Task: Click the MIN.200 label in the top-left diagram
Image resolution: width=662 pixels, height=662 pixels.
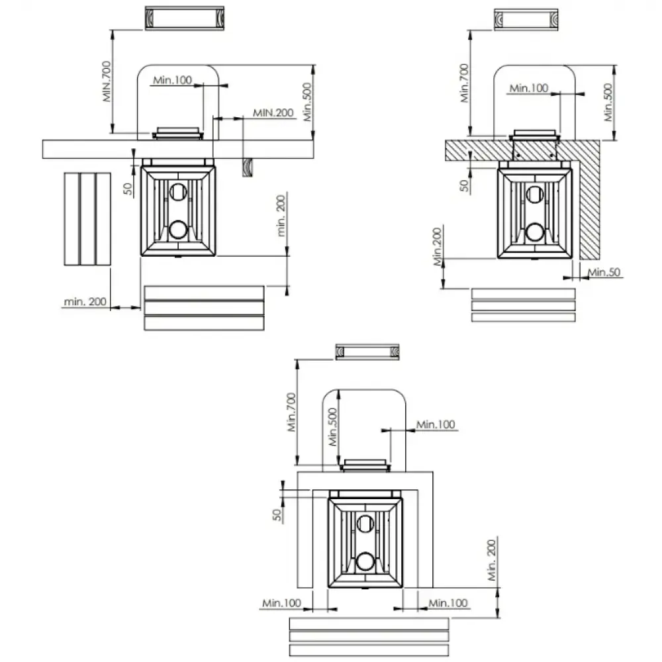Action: coord(273,113)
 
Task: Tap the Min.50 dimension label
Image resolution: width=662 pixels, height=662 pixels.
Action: coord(604,272)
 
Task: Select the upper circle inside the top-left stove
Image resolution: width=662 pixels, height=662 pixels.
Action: coord(177,192)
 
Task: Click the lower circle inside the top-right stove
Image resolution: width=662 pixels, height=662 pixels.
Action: coord(534,232)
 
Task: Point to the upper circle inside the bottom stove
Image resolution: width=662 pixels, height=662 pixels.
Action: coord(365,524)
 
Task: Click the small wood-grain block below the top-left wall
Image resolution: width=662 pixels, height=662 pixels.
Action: coord(248,167)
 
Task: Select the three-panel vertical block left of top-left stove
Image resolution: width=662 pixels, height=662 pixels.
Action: coord(87,218)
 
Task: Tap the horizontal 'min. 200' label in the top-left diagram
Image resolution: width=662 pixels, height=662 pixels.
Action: coord(85,301)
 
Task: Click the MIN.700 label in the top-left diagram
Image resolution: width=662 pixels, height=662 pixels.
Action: coord(107,81)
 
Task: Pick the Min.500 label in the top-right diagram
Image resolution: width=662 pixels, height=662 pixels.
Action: coord(608,102)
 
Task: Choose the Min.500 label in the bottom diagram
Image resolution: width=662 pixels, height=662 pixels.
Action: coord(333,427)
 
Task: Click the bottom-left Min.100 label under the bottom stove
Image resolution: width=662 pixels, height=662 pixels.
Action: coord(281,603)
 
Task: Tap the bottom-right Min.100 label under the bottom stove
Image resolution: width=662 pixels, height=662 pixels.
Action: coord(448,603)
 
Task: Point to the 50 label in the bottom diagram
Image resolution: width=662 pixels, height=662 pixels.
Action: coord(277,514)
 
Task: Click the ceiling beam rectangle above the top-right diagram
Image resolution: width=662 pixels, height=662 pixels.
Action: coord(526,20)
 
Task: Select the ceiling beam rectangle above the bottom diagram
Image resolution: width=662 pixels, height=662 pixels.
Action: coord(367,352)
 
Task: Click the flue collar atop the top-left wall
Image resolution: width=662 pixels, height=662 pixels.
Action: coord(177,133)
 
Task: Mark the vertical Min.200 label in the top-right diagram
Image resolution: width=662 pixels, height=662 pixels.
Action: coord(437,246)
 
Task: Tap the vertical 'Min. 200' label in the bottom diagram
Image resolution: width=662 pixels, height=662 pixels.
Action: coord(491,560)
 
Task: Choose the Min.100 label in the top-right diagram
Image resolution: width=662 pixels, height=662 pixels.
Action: coord(528,88)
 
